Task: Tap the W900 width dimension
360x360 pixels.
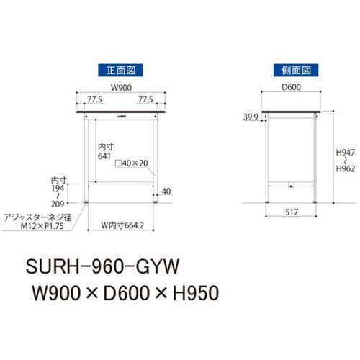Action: click(x=120, y=89)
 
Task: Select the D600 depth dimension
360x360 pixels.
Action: click(x=292, y=89)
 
